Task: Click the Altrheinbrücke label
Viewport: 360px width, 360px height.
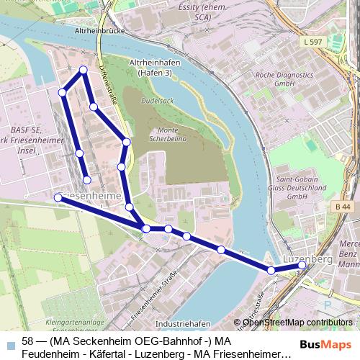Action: [106, 32]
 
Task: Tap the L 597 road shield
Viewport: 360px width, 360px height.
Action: [312, 43]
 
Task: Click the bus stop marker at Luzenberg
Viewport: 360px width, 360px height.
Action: [302, 265]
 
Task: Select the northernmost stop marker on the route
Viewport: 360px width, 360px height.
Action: [84, 70]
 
